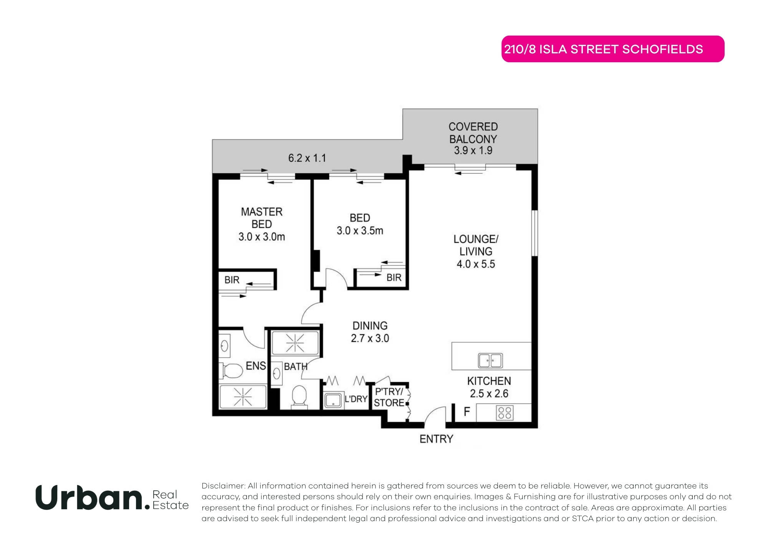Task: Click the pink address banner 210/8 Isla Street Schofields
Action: [612, 49]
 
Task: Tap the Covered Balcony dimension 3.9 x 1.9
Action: [473, 151]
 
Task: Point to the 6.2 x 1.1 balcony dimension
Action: [307, 158]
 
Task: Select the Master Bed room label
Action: [262, 218]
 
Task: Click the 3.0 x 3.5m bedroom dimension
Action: [360, 231]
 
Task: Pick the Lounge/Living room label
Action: [476, 245]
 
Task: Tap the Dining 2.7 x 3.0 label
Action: [370, 332]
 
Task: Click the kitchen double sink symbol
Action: [490, 361]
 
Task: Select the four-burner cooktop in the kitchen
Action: [505, 413]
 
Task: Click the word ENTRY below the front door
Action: [436, 439]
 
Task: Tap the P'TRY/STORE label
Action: [389, 397]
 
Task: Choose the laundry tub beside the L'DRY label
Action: [333, 401]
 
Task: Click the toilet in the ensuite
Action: [232, 371]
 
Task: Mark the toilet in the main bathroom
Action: [299, 396]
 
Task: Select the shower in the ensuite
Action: [243, 397]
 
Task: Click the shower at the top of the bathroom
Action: [295, 343]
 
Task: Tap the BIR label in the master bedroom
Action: [232, 280]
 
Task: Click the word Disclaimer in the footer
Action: [223, 486]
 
